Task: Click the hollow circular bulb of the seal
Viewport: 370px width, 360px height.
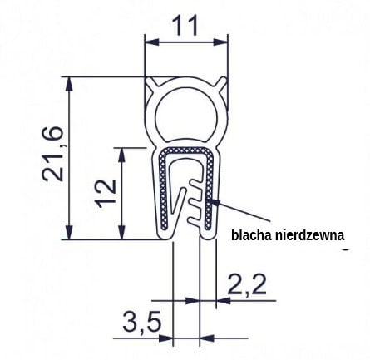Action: pos(187,111)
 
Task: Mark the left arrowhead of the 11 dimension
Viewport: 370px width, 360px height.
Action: pos(150,41)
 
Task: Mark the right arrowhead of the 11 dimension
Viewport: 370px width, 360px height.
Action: pos(223,41)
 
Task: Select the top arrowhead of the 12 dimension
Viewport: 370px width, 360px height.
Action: pos(122,153)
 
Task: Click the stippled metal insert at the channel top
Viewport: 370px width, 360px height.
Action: pos(187,151)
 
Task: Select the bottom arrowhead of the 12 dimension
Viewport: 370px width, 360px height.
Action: pos(122,234)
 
